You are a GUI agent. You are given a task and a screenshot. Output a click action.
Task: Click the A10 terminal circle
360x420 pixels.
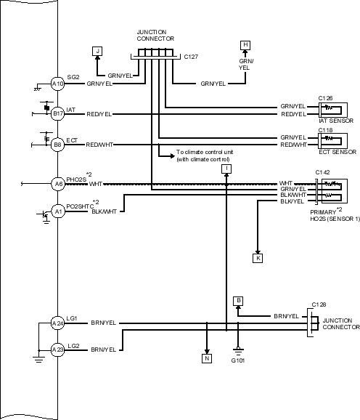(58, 84)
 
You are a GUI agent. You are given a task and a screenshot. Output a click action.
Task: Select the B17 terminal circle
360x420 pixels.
(58, 113)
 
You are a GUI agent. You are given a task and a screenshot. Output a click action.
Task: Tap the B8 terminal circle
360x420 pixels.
(58, 145)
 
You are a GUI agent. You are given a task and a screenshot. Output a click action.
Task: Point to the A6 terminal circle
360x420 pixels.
(58, 184)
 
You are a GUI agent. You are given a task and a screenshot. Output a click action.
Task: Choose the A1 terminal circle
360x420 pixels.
(58, 211)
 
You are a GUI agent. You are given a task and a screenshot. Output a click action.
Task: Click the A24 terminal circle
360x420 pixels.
(58, 323)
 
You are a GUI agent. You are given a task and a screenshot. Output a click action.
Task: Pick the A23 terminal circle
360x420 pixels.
(58, 350)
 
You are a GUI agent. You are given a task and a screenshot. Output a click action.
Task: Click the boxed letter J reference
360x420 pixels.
(97, 51)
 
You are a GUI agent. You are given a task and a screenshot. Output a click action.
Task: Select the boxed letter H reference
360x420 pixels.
(245, 45)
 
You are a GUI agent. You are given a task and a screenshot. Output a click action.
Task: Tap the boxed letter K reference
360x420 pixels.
(258, 258)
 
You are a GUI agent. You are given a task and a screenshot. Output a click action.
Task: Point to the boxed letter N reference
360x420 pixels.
(207, 358)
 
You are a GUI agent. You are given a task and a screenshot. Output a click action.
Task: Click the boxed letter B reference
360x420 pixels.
(238, 301)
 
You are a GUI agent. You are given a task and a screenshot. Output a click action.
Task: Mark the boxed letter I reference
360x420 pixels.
(226, 169)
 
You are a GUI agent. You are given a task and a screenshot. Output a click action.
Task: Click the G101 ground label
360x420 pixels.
(238, 360)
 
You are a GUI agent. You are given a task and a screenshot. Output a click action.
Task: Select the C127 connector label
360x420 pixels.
(191, 57)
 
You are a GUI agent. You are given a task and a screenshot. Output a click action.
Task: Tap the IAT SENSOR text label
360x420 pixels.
(336, 121)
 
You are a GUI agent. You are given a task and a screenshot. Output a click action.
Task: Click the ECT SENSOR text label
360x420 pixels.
(337, 152)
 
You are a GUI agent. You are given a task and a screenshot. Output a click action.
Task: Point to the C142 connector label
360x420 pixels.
(322, 172)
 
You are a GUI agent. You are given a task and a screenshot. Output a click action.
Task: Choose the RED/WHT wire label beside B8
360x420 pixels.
(99, 145)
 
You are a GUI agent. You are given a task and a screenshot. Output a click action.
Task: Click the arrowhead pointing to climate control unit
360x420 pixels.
(173, 156)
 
